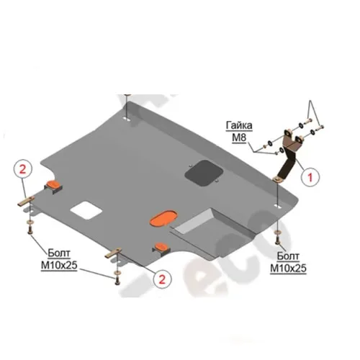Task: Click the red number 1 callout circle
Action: (x=310, y=177)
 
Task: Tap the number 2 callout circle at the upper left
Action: (x=23, y=169)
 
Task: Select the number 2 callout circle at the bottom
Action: (x=163, y=279)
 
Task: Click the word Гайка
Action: (x=239, y=125)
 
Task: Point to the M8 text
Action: (x=239, y=138)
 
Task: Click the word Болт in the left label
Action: (x=59, y=253)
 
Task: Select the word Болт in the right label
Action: (x=288, y=256)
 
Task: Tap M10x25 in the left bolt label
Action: (x=59, y=266)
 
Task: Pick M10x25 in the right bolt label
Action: (x=288, y=268)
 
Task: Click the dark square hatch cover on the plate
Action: (x=204, y=174)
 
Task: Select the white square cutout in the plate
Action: (x=86, y=210)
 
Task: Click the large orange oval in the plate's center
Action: (x=163, y=217)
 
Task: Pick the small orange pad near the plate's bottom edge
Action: (x=161, y=246)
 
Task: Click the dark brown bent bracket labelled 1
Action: (x=287, y=153)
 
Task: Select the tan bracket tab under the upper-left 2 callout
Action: (x=26, y=201)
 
